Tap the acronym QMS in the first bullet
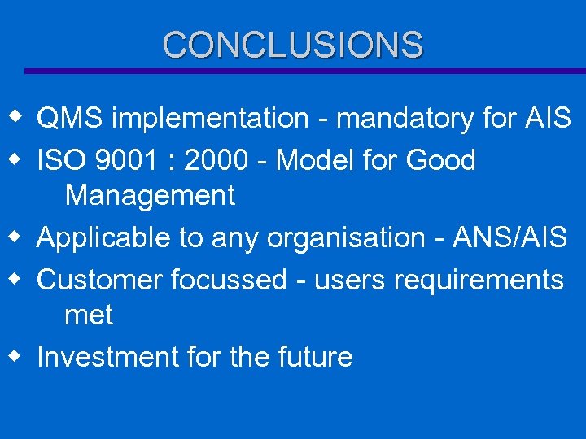point(70,119)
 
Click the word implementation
point(209,119)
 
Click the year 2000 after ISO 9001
point(216,160)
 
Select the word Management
point(150,196)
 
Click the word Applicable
point(104,237)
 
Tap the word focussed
point(229,280)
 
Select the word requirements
point(479,280)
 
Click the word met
point(89,315)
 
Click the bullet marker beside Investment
point(15,356)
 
